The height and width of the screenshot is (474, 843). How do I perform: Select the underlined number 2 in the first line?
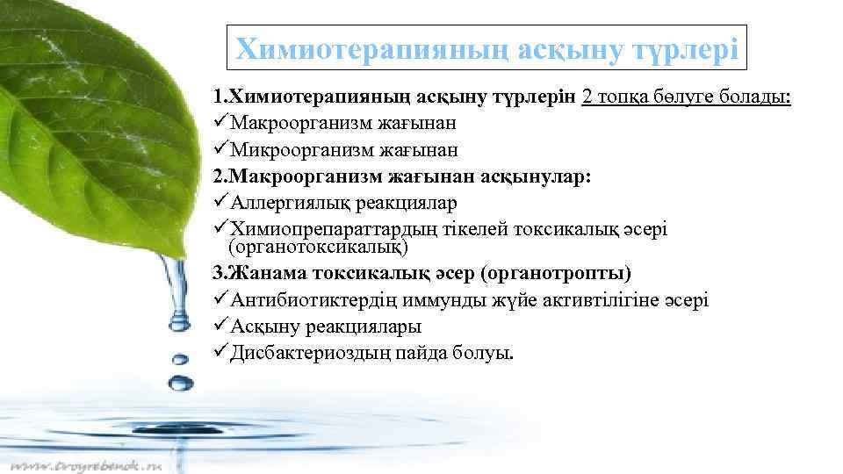coord(587,97)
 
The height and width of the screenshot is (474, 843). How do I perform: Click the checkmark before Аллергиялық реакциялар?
coord(220,204)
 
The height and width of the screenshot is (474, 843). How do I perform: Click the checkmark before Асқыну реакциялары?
coord(220,327)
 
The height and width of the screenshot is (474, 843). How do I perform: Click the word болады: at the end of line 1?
coord(756,97)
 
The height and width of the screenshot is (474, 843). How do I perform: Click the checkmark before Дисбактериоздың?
coord(220,353)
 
